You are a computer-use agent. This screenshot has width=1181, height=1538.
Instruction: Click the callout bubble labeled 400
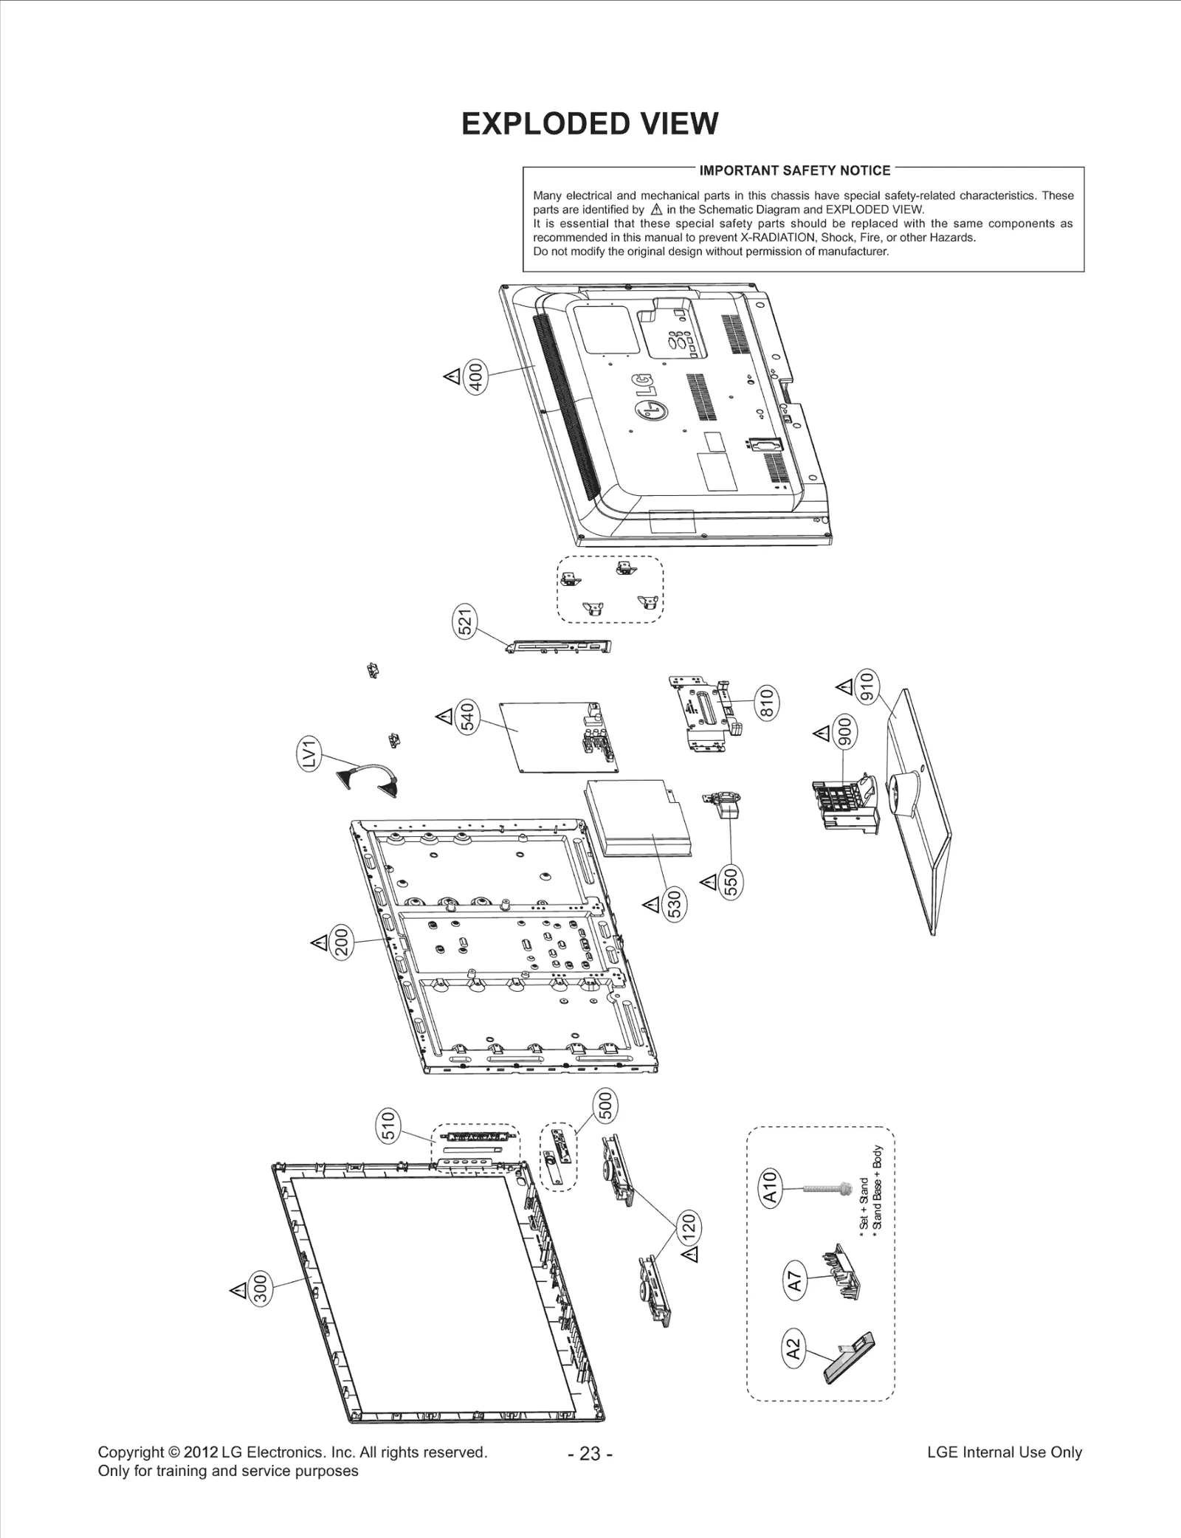pyautogui.click(x=476, y=377)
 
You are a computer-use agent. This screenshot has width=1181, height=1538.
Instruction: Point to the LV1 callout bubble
pyautogui.click(x=309, y=754)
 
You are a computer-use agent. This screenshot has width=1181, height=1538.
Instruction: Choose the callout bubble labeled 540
pyautogui.click(x=468, y=717)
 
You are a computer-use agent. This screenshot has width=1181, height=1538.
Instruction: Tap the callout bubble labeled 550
pyautogui.click(x=731, y=882)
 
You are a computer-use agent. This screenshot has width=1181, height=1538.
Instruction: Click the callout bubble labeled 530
pyautogui.click(x=674, y=905)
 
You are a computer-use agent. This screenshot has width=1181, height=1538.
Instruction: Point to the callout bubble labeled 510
pyautogui.click(x=388, y=1125)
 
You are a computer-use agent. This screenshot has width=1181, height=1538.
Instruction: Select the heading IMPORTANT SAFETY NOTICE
pyautogui.click(x=794, y=170)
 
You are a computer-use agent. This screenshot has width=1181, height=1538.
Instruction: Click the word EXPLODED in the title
pyautogui.click(x=545, y=124)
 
